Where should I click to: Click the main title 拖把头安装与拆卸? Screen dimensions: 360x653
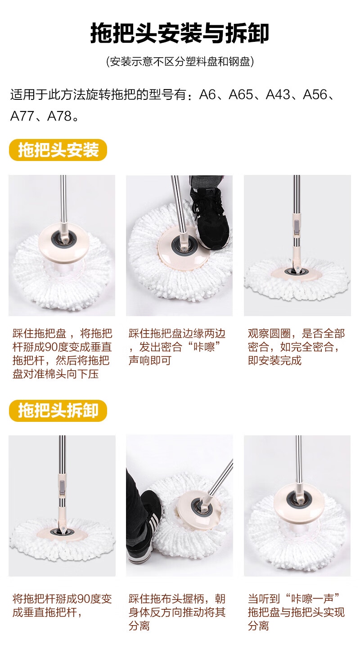(180, 33)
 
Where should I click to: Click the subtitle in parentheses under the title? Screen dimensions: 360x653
(180, 62)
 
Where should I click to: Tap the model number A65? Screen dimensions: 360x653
(241, 94)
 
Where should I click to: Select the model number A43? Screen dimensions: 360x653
(278, 94)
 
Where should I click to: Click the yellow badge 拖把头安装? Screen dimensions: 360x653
(58, 150)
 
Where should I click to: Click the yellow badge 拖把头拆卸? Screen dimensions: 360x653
(58, 411)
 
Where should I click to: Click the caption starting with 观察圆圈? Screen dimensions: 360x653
(296, 347)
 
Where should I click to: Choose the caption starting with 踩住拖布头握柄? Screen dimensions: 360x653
(177, 613)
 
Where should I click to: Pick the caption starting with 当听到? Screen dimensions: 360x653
(296, 613)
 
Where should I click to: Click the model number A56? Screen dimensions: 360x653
(315, 94)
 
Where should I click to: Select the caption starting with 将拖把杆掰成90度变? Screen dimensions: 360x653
(62, 606)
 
